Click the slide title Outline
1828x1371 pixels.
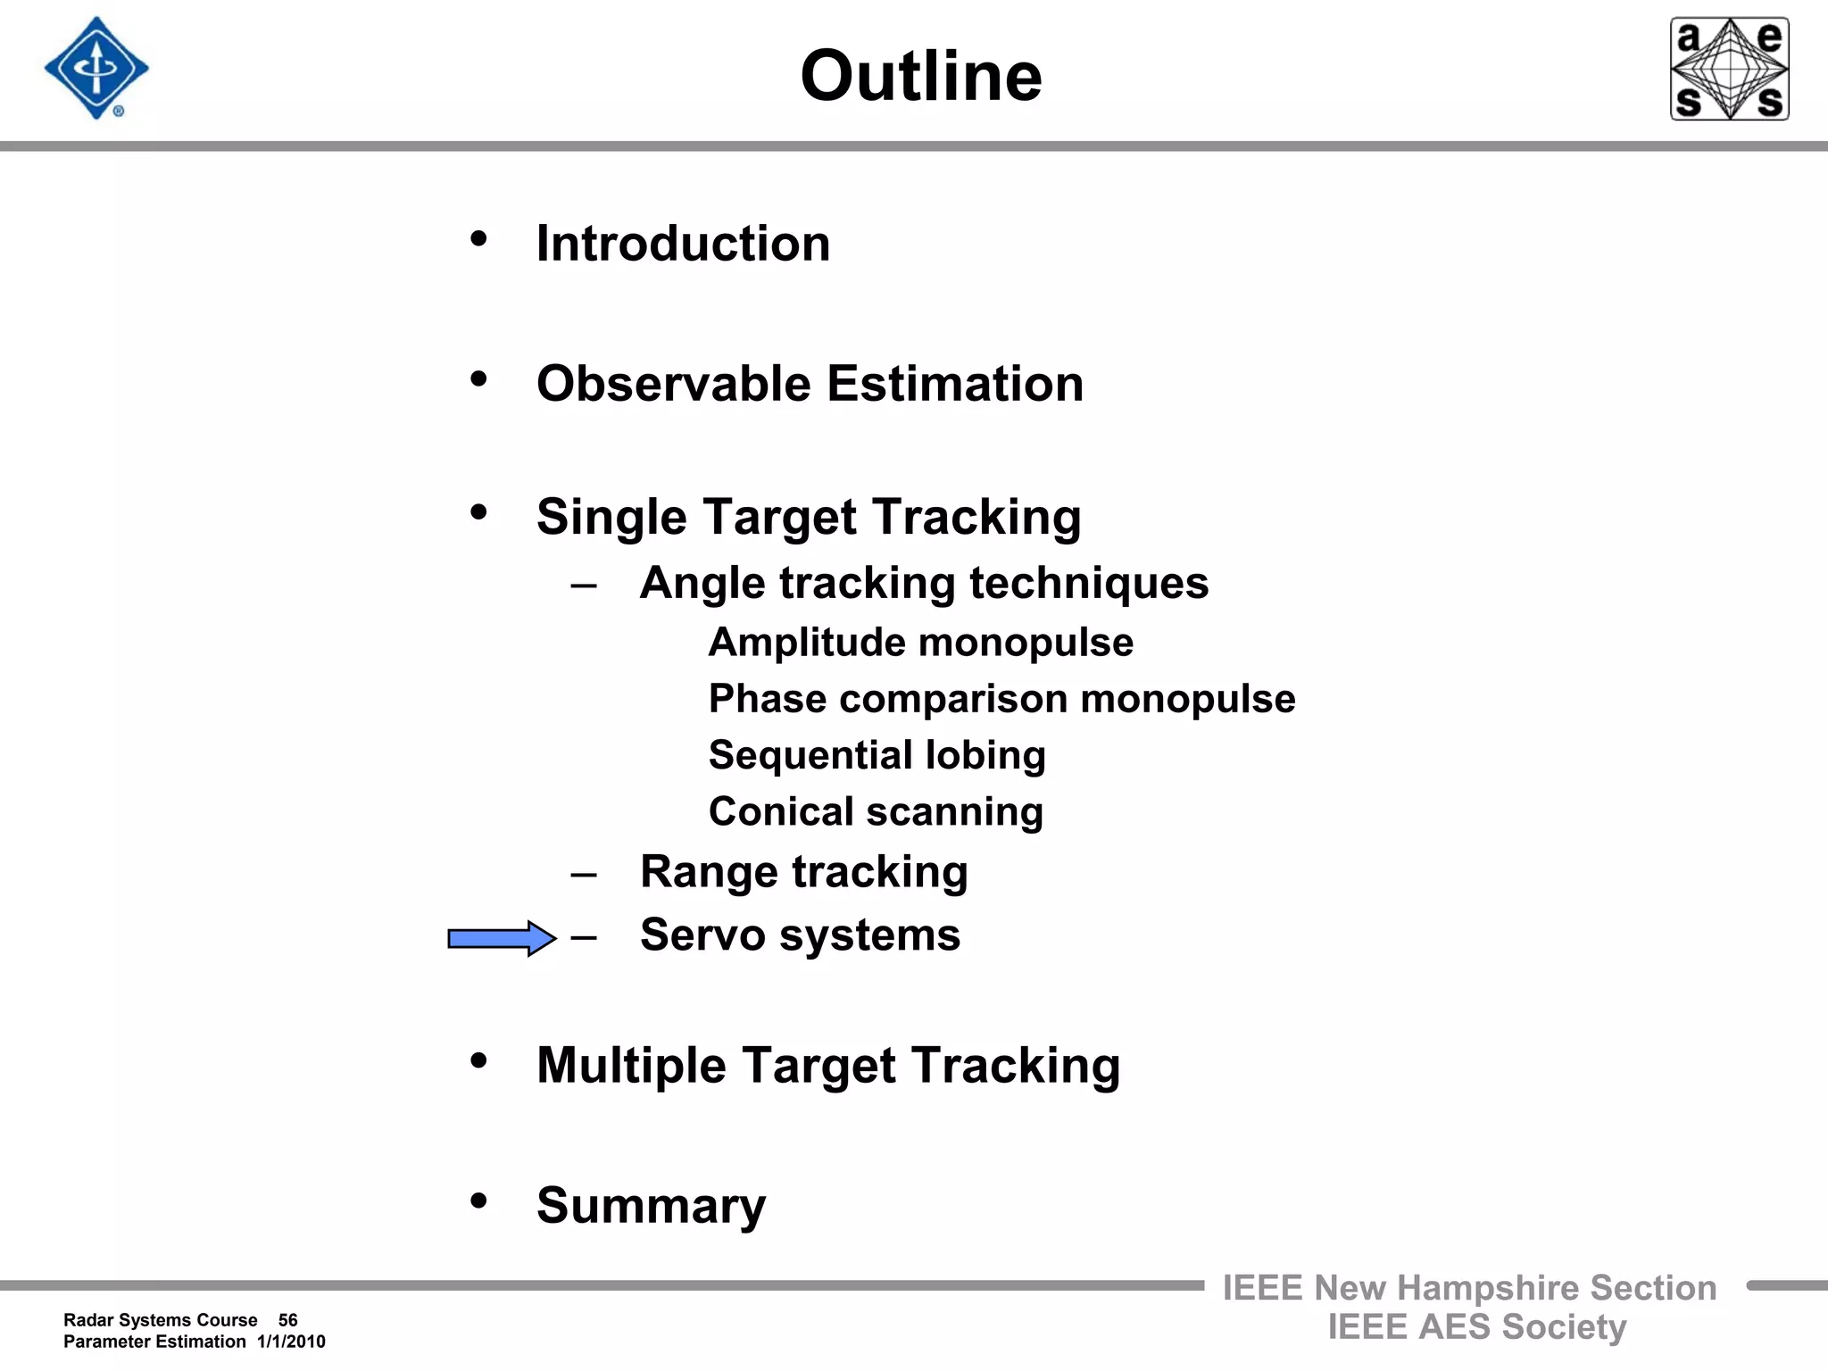(x=920, y=77)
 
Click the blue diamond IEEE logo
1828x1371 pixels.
(x=96, y=69)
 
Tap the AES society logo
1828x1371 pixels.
(x=1729, y=69)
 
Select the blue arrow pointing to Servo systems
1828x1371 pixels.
(x=501, y=938)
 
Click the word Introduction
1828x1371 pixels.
(x=683, y=244)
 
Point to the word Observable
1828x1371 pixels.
(x=673, y=384)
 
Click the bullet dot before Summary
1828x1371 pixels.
(x=479, y=1201)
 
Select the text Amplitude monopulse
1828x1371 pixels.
(x=920, y=643)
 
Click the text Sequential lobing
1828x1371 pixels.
(x=877, y=755)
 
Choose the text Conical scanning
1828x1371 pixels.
(x=876, y=811)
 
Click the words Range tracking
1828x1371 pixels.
(x=803, y=871)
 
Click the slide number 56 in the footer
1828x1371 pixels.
(x=287, y=1320)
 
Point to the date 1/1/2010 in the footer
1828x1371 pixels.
(x=291, y=1342)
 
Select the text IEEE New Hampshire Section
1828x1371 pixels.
(x=1469, y=1288)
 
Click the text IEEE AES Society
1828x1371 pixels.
(x=1476, y=1327)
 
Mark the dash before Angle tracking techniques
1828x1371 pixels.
(x=584, y=586)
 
